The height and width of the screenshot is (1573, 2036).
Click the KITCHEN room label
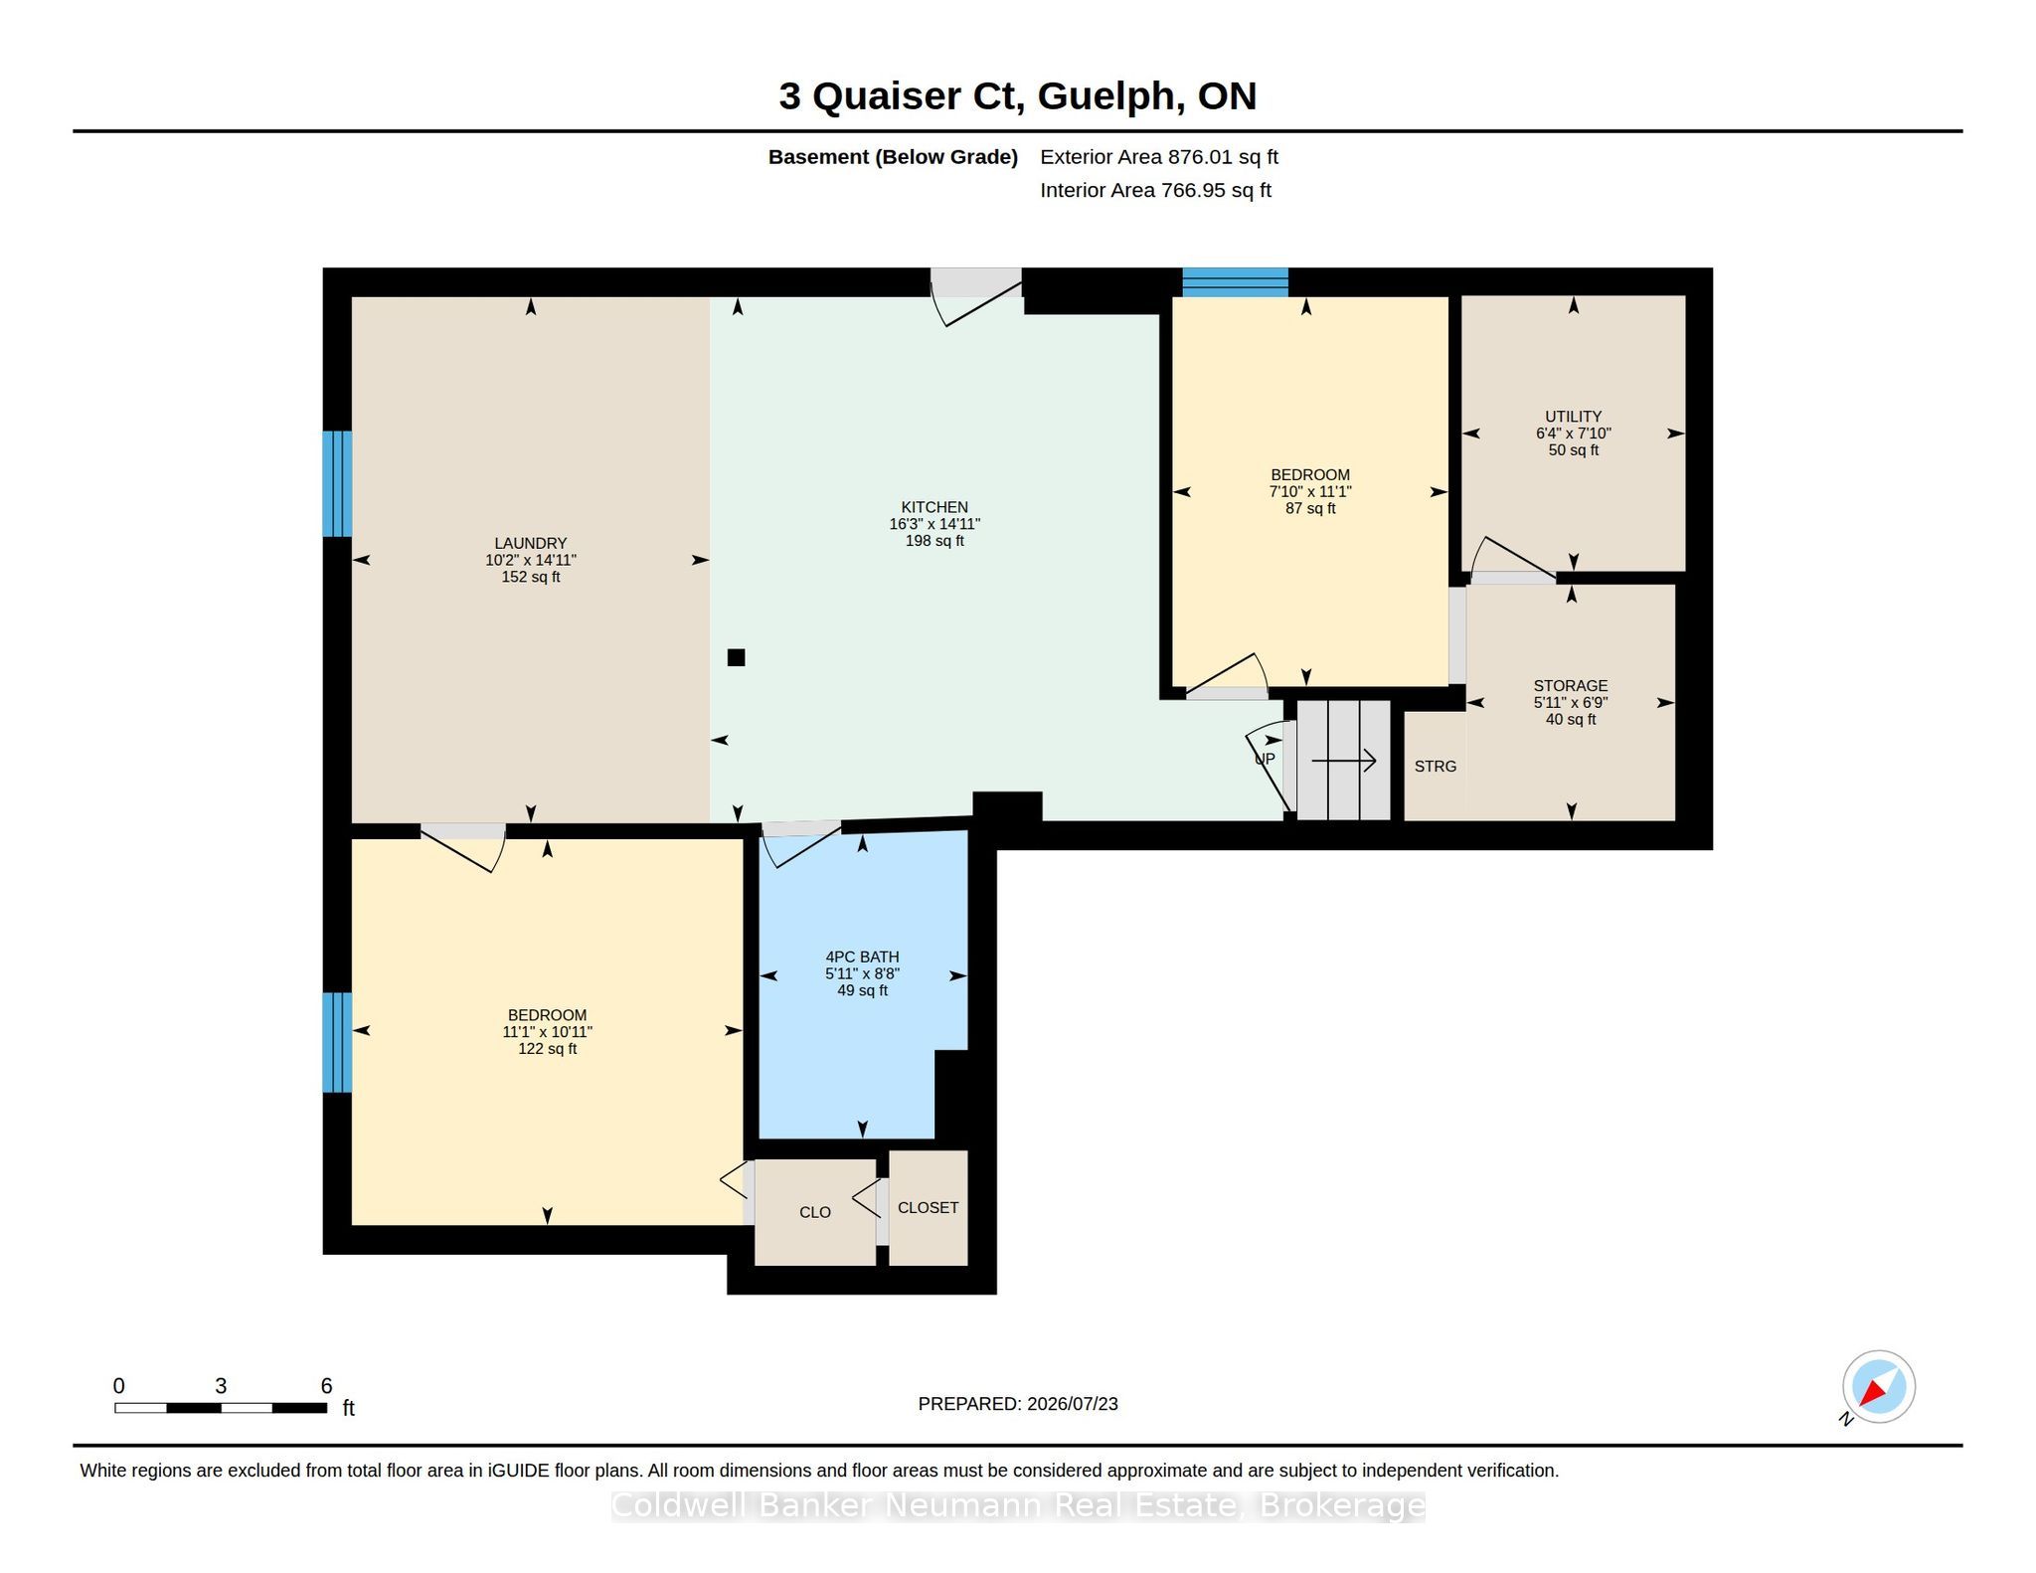click(x=934, y=507)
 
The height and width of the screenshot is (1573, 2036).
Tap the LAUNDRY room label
click(x=531, y=543)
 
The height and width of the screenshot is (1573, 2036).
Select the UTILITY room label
click(x=1573, y=417)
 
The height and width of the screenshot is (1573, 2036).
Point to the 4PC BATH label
click(x=862, y=957)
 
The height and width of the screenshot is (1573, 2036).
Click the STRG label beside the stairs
click(x=1436, y=767)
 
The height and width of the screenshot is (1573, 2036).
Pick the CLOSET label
click(x=928, y=1207)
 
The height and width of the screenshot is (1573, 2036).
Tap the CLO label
click(x=815, y=1212)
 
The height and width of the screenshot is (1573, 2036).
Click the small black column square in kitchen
click(x=736, y=657)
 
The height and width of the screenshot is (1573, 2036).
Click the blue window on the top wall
click(x=1235, y=282)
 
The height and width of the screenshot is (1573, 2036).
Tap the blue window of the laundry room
click(x=337, y=483)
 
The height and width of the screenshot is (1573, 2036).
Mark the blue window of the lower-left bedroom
click(x=337, y=1042)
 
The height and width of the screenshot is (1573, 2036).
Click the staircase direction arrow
click(x=1344, y=761)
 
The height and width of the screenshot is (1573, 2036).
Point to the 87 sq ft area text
click(x=1309, y=508)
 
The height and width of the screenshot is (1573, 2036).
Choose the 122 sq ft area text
click(x=547, y=1049)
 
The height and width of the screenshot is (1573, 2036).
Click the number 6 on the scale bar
click(x=326, y=1386)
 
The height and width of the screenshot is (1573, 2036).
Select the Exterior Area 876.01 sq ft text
click(x=1159, y=157)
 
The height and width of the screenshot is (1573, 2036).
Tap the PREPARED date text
click(x=1018, y=1404)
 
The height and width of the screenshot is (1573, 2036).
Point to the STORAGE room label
click(x=1570, y=686)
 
